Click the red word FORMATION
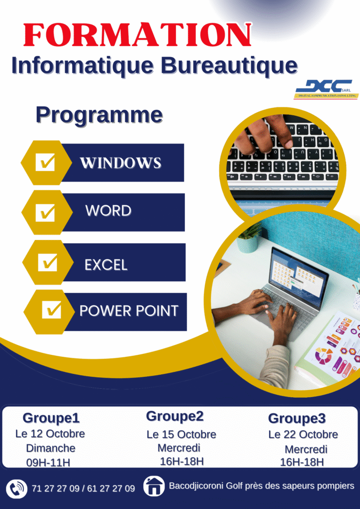(137, 35)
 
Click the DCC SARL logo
(326, 89)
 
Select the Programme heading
(99, 115)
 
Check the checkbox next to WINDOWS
(45, 163)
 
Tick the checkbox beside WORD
(45, 213)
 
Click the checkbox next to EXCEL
(47, 262)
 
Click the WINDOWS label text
(121, 163)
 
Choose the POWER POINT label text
(129, 311)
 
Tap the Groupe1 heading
(51, 418)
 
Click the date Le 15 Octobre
(181, 434)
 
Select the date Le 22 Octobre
(303, 434)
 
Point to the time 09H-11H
(48, 462)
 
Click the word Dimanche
(51, 448)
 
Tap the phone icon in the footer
(16, 488)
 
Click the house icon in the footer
(154, 486)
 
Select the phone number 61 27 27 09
(111, 489)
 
